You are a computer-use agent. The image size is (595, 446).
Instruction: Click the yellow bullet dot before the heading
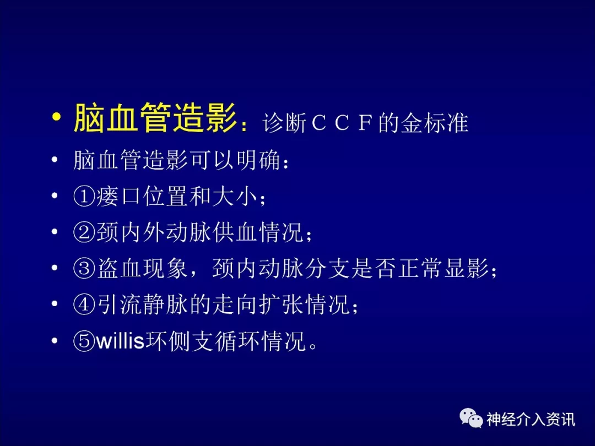56,116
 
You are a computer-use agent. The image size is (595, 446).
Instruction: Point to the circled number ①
84,197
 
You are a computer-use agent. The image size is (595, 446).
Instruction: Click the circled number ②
84,232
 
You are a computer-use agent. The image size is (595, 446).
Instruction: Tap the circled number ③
84,268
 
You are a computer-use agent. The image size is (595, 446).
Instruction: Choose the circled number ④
84,304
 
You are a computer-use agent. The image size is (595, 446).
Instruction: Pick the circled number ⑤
84,341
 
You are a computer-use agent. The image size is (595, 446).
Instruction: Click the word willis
120,341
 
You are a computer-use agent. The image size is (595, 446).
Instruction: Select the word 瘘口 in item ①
118,197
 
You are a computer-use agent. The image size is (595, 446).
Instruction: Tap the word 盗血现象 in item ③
142,268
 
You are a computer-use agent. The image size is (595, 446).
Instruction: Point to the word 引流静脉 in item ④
142,304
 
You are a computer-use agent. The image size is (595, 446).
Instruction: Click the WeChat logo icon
471,418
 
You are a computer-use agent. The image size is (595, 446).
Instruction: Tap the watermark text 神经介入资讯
531,419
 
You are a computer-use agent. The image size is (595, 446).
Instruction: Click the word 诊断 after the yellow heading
285,123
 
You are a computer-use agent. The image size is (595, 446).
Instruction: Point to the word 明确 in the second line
259,160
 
